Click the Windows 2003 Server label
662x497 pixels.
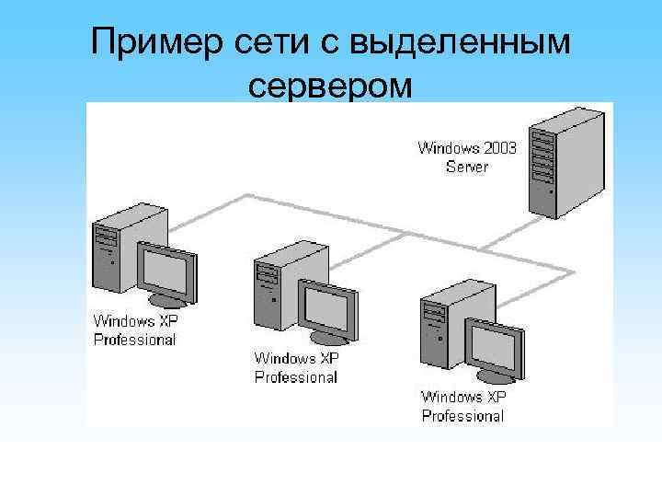(x=467, y=156)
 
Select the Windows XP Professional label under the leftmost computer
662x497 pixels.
(x=134, y=330)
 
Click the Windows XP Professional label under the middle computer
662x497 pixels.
(x=295, y=367)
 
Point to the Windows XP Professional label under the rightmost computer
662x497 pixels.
(x=463, y=406)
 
